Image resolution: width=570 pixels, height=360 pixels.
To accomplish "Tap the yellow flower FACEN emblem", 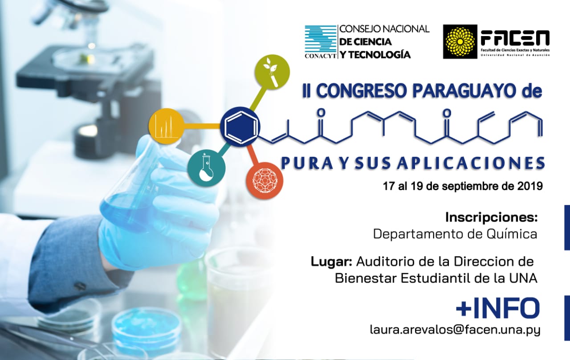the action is [x=460, y=41].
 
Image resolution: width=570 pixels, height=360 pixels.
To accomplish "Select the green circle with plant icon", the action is [x=272, y=72].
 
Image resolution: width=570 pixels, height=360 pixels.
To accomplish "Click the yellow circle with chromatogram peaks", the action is [x=166, y=126].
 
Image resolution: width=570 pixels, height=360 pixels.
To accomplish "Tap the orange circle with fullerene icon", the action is [x=265, y=180].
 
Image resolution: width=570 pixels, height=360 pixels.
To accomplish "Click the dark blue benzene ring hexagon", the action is [x=240, y=127].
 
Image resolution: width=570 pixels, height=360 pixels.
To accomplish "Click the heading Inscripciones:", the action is [x=491, y=217].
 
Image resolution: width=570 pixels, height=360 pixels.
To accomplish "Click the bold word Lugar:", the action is [x=331, y=262].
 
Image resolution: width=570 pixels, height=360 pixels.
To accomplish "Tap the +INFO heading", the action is [x=498, y=308].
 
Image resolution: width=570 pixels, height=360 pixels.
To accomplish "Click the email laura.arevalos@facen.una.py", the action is [x=455, y=330].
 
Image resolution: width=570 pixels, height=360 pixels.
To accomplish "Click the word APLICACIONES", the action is [x=471, y=163].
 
